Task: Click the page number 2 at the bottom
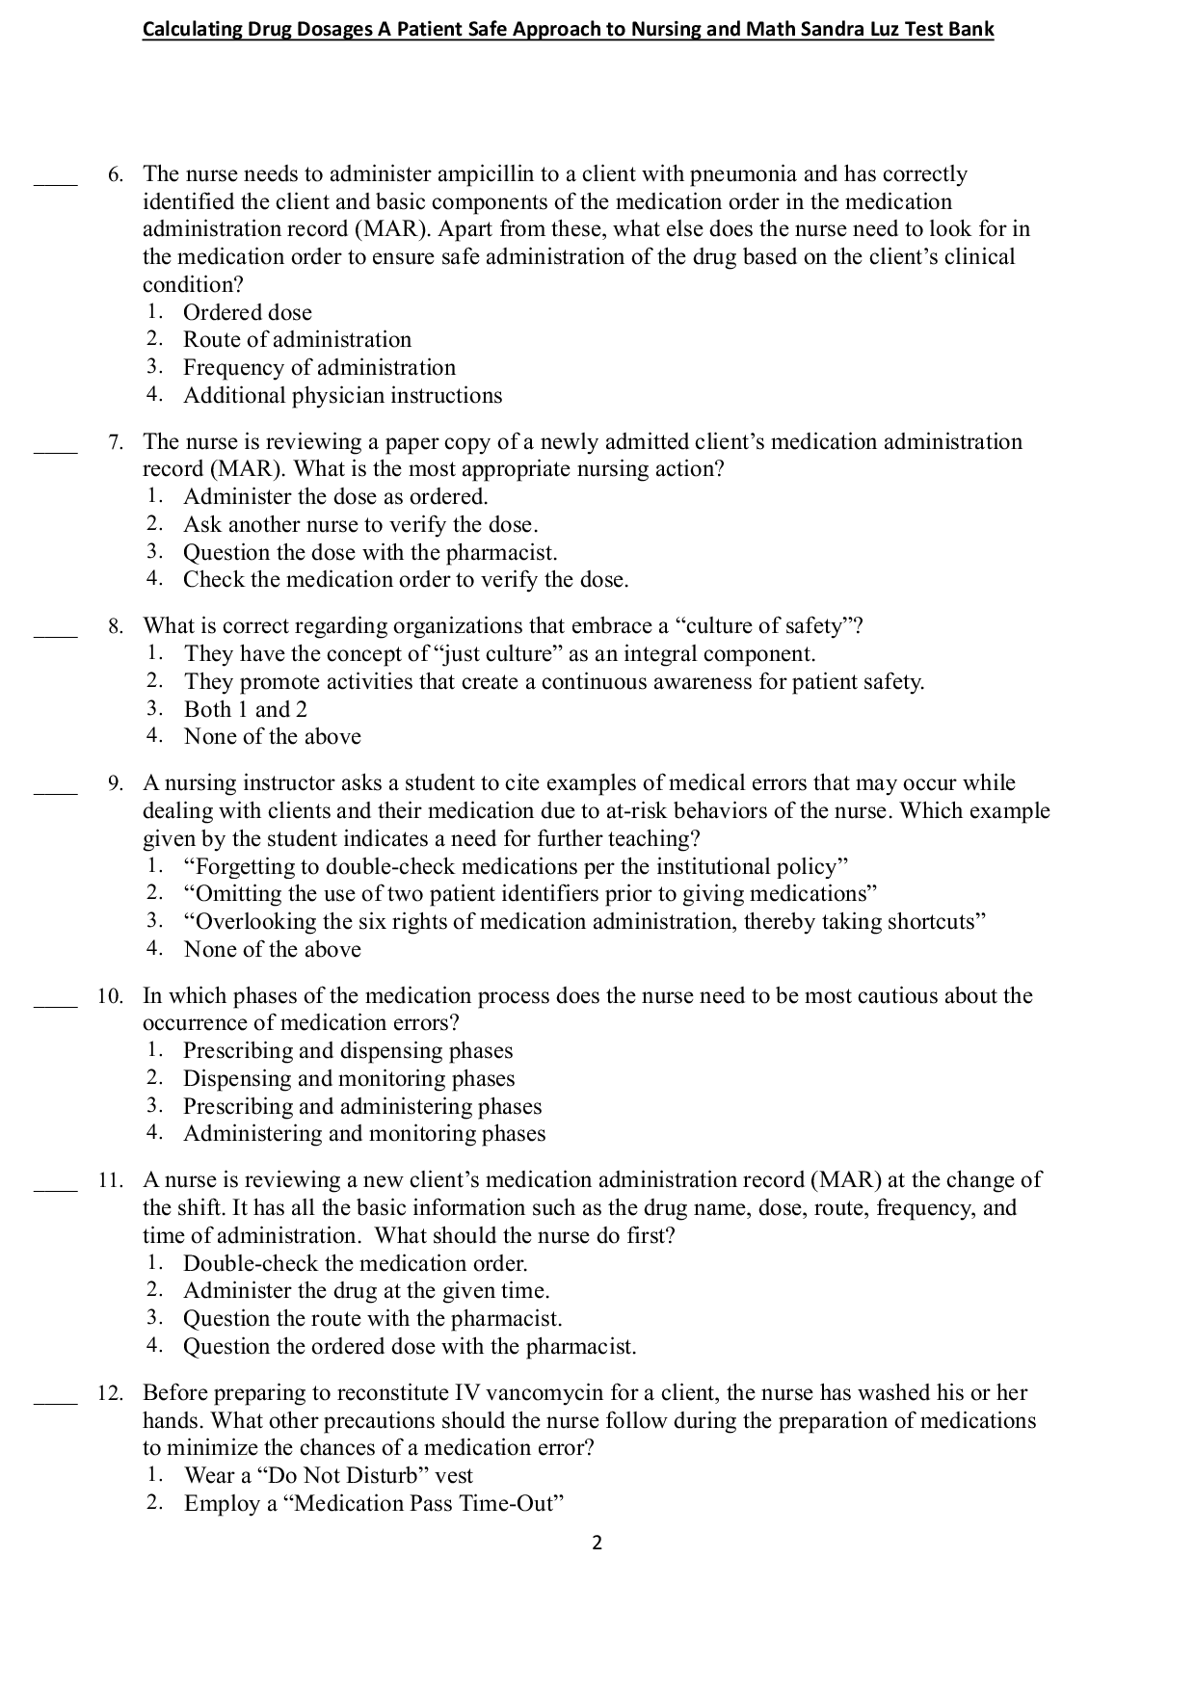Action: [x=597, y=1544]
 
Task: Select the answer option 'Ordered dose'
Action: [x=248, y=312]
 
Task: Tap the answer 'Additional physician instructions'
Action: [x=342, y=395]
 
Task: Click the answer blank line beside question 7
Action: [x=55, y=450]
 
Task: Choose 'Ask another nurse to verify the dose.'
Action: [x=360, y=524]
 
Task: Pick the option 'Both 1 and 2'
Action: [x=246, y=709]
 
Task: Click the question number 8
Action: [x=116, y=626]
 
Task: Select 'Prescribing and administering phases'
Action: [x=362, y=1106]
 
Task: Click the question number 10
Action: [x=111, y=996]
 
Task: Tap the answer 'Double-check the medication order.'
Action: [x=356, y=1263]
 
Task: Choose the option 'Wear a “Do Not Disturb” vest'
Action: [x=329, y=1476]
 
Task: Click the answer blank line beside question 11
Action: [x=55, y=1188]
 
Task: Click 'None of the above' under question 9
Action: [x=273, y=949]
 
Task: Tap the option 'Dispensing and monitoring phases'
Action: [x=349, y=1078]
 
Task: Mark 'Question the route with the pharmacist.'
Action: [x=372, y=1318]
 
